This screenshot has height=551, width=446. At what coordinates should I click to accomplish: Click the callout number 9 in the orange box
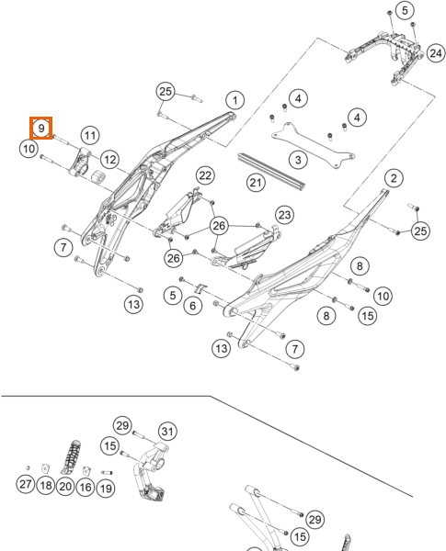pyautogui.click(x=41, y=129)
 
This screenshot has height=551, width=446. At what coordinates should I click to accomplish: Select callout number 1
pyautogui.click(x=235, y=100)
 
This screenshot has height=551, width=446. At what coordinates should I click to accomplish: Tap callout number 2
pyautogui.click(x=394, y=178)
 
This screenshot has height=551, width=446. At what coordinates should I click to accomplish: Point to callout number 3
pyautogui.click(x=298, y=160)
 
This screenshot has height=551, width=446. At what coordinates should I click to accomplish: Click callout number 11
pyautogui.click(x=90, y=135)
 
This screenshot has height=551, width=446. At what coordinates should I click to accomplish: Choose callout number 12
pyautogui.click(x=109, y=160)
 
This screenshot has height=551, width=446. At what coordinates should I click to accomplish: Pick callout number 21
pyautogui.click(x=256, y=183)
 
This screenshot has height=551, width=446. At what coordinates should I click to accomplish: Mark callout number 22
pyautogui.click(x=205, y=175)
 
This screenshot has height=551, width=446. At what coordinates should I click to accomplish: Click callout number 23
pyautogui.click(x=284, y=215)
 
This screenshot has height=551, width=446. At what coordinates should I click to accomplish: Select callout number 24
pyautogui.click(x=436, y=53)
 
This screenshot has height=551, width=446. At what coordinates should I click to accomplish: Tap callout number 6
pyautogui.click(x=192, y=306)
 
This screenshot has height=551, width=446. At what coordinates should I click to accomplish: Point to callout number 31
pyautogui.click(x=167, y=432)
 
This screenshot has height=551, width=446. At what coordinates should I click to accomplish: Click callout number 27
pyautogui.click(x=26, y=484)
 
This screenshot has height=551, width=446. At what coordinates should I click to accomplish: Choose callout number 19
pyautogui.click(x=106, y=489)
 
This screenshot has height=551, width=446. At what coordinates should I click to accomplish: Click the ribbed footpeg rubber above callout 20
pyautogui.click(x=72, y=456)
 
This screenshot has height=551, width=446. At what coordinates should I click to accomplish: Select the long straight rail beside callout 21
pyautogui.click(x=271, y=173)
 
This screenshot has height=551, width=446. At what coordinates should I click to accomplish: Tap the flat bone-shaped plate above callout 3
pyautogui.click(x=313, y=146)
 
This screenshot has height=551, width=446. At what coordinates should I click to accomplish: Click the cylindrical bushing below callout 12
pyautogui.click(x=97, y=177)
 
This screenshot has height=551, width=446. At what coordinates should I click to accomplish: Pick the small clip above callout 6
pyautogui.click(x=200, y=288)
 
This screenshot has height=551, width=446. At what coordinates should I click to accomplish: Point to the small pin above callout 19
pyautogui.click(x=107, y=473)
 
